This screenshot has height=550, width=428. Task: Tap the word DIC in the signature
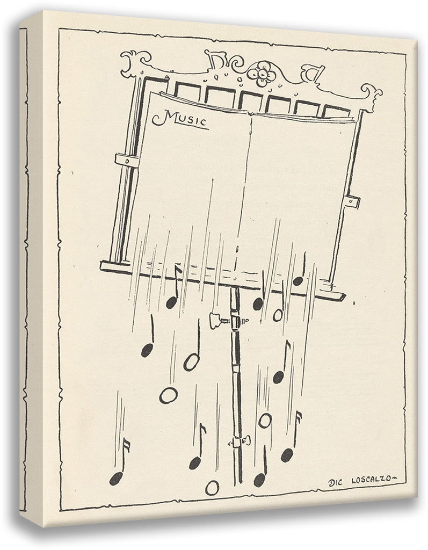coord(336,483)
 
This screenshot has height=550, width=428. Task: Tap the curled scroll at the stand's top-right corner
coord(371,95)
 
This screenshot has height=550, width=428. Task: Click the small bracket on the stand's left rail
coord(126,160)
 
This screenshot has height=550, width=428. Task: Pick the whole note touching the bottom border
coord(212,488)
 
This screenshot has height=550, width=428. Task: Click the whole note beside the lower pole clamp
coord(265,420)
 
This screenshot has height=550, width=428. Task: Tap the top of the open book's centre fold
coord(250,113)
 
